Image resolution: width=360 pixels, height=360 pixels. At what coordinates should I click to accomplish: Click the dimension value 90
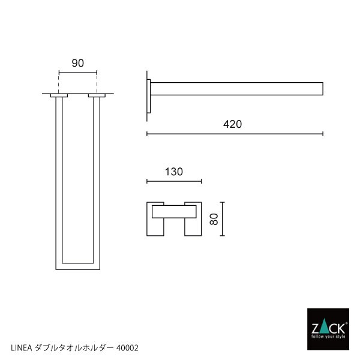(x=77, y=62)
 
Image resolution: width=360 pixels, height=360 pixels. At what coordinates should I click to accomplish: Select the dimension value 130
(x=173, y=172)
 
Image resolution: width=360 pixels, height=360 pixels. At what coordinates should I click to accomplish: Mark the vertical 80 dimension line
(x=223, y=220)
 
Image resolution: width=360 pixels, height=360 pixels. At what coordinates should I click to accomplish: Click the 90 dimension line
(x=77, y=73)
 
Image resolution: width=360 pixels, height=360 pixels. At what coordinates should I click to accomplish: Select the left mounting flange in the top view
(x=59, y=95)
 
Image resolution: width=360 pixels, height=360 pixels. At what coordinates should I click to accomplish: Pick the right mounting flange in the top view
(x=96, y=95)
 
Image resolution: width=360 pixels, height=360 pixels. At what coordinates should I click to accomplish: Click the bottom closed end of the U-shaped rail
(x=77, y=265)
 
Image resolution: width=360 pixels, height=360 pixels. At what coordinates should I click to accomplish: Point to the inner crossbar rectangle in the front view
(x=173, y=211)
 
